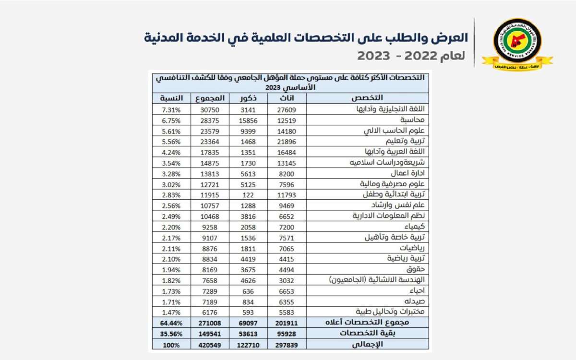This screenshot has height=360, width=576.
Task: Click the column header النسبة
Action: [x=171, y=98]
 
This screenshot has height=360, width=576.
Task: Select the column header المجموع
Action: [x=210, y=98]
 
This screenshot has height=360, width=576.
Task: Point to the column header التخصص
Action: [x=367, y=98]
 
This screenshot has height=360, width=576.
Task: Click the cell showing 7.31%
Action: [x=171, y=109]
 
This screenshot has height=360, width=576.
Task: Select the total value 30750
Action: [x=210, y=109]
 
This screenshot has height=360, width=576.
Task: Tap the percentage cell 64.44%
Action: [x=171, y=322]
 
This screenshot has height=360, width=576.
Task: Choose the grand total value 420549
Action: [x=210, y=344]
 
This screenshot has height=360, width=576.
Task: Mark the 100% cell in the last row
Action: [x=171, y=344]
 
